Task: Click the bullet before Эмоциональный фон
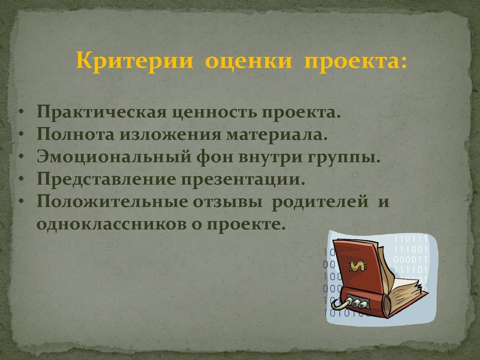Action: [x=21, y=157]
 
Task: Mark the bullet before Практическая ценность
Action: [x=21, y=113]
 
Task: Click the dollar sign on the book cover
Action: [x=359, y=266]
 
